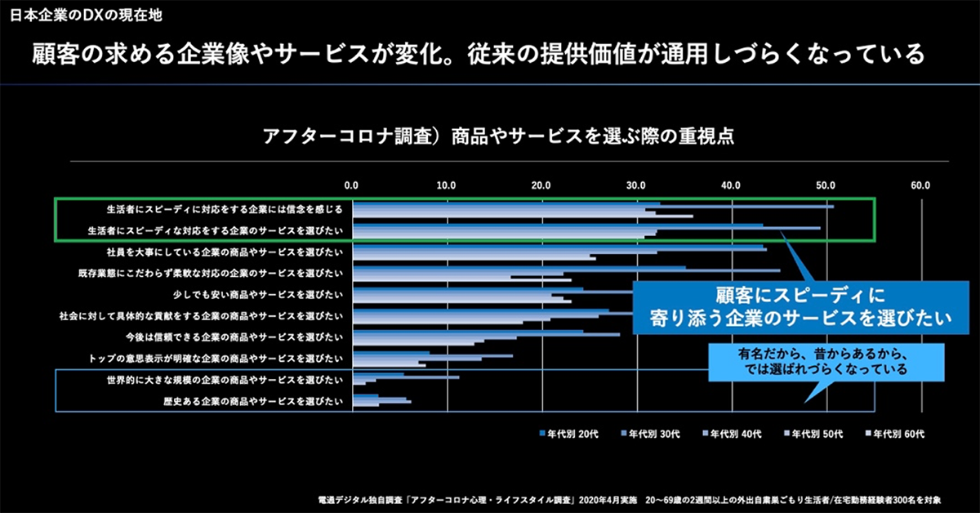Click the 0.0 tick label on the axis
click(x=351, y=185)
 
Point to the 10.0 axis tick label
click(x=446, y=185)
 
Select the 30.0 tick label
click(x=636, y=185)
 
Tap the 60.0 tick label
click(x=920, y=185)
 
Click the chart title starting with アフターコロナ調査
click(x=497, y=136)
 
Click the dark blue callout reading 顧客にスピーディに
click(x=801, y=306)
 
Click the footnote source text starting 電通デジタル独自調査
click(x=630, y=497)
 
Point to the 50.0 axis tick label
click(x=826, y=185)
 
